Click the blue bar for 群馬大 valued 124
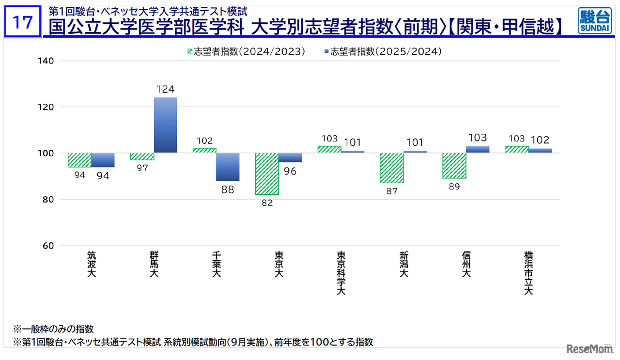tap(165, 125)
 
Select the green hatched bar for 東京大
tap(267, 173)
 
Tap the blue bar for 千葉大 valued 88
tap(228, 167)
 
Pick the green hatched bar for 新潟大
tap(391, 168)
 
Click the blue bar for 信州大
tap(478, 149)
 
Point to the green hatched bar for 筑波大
tap(79, 160)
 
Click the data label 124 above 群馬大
tap(165, 89)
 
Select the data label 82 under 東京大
tap(267, 203)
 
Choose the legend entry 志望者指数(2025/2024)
tap(382, 52)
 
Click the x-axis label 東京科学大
tap(341, 272)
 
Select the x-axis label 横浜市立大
tap(528, 272)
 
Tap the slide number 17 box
tap(22, 22)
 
